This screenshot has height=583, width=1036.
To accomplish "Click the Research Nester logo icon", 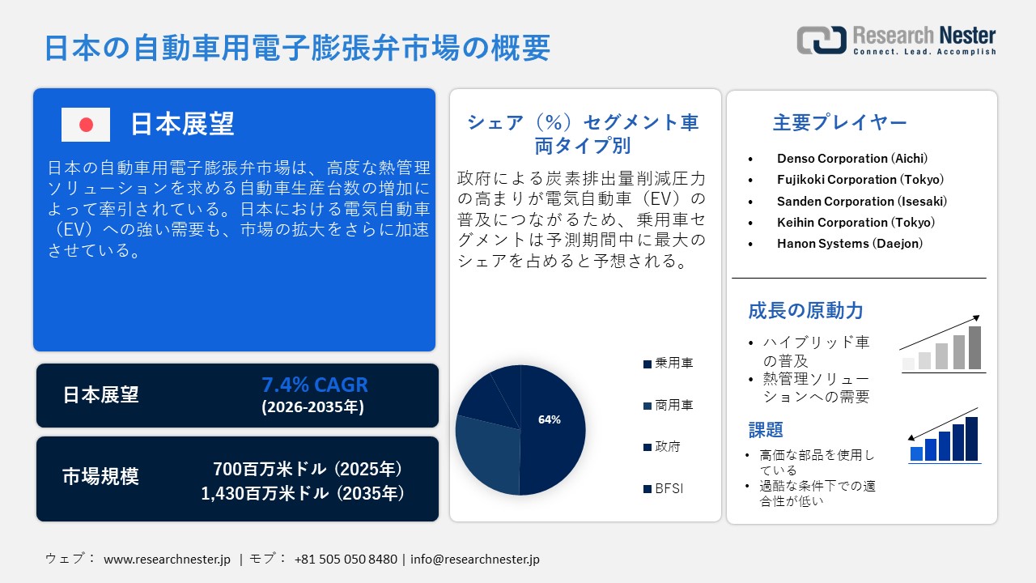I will [x=821, y=40].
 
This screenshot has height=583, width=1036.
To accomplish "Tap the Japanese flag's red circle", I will [x=86, y=125].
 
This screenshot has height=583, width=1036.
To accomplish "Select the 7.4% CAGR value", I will [x=314, y=385].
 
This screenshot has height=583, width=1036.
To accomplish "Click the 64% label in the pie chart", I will [x=550, y=419].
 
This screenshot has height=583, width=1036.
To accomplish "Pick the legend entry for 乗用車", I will [x=669, y=364].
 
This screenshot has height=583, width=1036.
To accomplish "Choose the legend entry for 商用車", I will [x=669, y=405].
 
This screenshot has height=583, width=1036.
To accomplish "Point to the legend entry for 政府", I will [x=662, y=447].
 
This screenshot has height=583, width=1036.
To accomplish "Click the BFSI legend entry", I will [x=664, y=489].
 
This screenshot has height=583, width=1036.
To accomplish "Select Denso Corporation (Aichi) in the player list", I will [x=852, y=159].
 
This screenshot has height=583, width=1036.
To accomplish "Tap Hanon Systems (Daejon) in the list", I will [x=850, y=243].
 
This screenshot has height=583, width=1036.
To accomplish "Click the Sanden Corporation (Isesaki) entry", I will [x=862, y=201].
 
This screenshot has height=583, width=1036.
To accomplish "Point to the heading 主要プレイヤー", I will [x=839, y=123].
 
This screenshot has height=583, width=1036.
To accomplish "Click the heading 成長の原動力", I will [x=805, y=310].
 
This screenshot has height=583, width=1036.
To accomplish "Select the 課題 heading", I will [x=766, y=430].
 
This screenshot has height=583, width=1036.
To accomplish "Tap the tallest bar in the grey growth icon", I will [x=974, y=347].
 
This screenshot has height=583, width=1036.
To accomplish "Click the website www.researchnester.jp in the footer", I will [x=168, y=559].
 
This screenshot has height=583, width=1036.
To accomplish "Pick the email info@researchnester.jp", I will [x=475, y=559].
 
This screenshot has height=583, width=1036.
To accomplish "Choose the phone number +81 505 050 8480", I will [x=346, y=559].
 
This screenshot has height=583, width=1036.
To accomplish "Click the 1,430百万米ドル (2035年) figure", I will [x=303, y=492].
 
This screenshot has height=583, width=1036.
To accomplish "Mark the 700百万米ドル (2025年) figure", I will [x=308, y=469].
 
